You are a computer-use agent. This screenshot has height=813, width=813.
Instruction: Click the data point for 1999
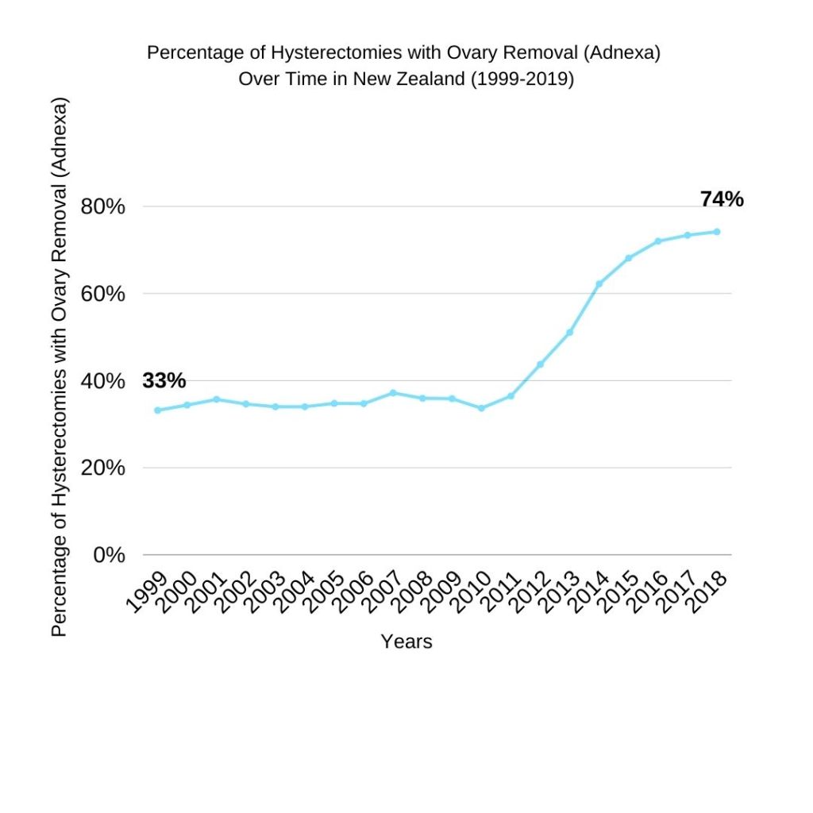[x=157, y=410]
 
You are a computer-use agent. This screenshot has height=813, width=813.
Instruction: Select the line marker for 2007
[x=393, y=393]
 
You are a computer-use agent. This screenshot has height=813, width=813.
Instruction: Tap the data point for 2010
[x=481, y=408]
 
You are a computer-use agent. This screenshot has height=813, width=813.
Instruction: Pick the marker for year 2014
[x=599, y=283]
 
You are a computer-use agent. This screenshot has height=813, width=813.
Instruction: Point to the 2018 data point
[x=717, y=232]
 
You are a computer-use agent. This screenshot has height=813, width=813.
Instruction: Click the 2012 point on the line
[x=540, y=364]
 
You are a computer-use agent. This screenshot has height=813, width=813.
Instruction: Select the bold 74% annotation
[x=722, y=199]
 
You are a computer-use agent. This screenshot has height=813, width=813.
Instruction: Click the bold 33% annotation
[x=164, y=381]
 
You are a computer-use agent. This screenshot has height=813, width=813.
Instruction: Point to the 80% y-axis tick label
[x=103, y=207]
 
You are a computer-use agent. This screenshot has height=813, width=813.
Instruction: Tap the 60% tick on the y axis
[x=103, y=294]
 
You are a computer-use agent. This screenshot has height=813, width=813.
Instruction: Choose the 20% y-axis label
[x=103, y=468]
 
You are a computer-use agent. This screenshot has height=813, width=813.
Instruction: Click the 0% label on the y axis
[x=109, y=555]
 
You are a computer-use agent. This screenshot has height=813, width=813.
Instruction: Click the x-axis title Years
[x=406, y=642]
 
